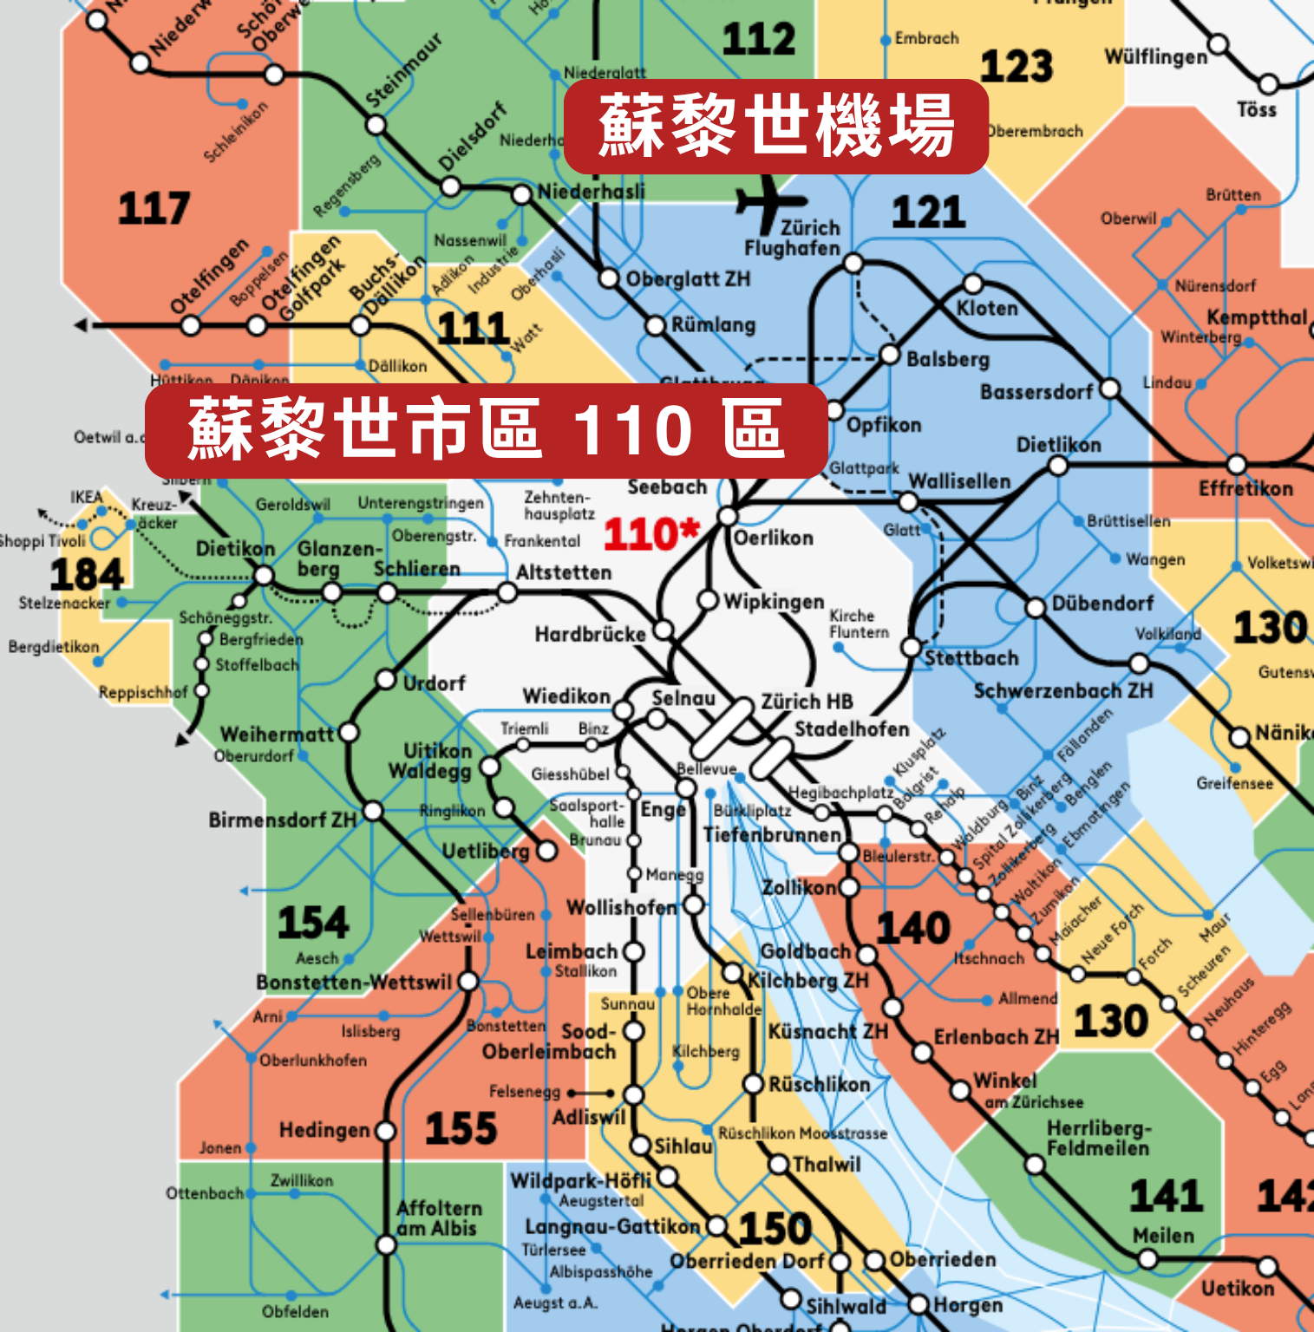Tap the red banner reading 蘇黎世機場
point(776,127)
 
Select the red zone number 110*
point(651,534)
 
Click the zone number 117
point(154,209)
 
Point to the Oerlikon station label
point(774,539)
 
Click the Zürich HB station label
point(807,702)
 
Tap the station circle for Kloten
point(973,284)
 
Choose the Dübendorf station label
point(1102,604)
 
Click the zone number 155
point(461,1129)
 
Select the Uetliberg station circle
point(547,851)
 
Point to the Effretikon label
point(1245,489)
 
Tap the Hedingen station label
point(324,1131)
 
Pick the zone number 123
point(1016,67)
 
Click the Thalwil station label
point(827,1165)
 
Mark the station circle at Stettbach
point(911,647)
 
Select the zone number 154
point(312,923)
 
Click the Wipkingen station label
point(774,602)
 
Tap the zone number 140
point(912,929)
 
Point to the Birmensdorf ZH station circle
point(373,812)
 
